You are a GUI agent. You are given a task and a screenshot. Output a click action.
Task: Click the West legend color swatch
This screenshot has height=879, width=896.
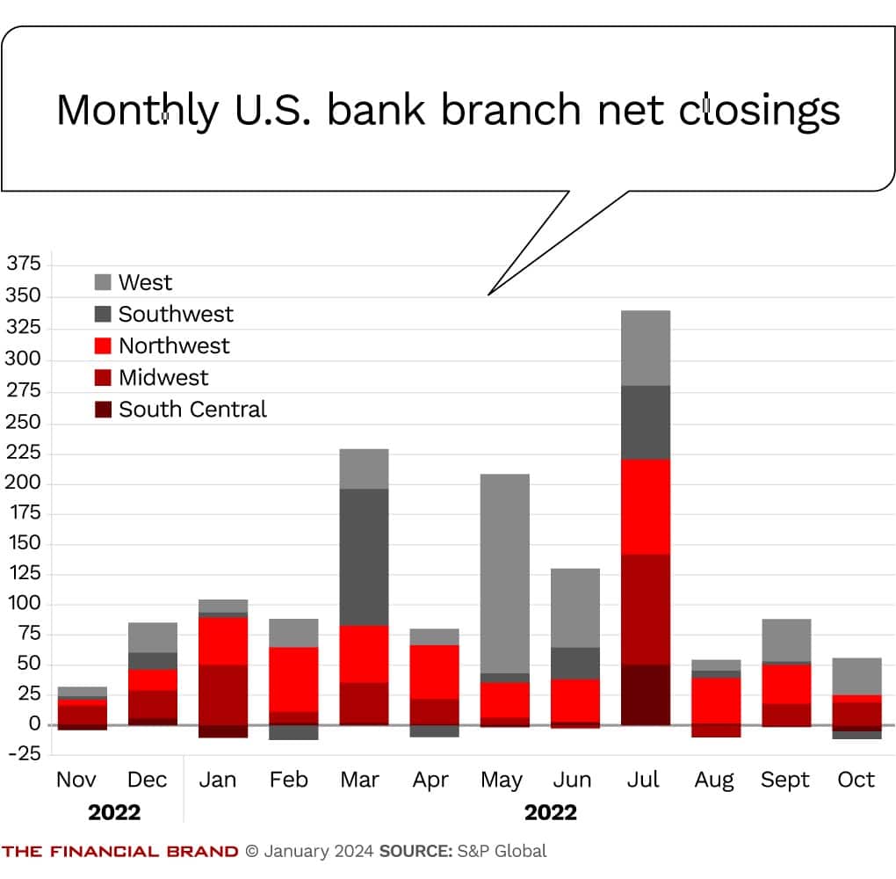(x=104, y=282)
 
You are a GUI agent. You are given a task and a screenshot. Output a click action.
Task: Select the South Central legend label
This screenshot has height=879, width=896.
(x=192, y=410)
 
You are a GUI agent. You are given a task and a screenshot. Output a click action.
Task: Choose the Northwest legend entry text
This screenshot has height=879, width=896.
(x=174, y=345)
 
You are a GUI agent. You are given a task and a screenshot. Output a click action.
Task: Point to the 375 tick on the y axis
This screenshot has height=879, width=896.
(x=24, y=264)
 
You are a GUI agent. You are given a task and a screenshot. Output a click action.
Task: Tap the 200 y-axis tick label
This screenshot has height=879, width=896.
(x=24, y=483)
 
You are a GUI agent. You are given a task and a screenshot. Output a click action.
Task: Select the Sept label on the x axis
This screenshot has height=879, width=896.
(x=784, y=780)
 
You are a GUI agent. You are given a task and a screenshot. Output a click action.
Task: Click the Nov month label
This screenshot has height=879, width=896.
(x=76, y=780)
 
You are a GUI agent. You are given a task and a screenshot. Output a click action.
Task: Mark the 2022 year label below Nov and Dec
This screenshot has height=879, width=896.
(x=114, y=812)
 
